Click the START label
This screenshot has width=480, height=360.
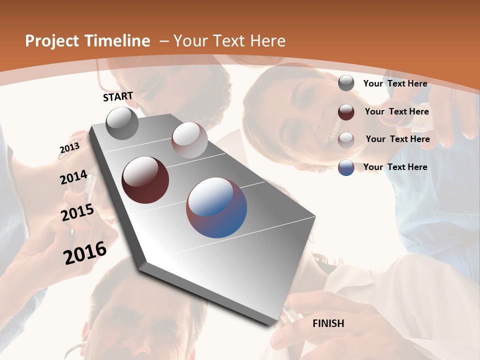(x=118, y=96)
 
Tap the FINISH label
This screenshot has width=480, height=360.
(x=328, y=323)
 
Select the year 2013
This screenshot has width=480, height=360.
(x=69, y=148)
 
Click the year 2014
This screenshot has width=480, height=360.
(x=74, y=177)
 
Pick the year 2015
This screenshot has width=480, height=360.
(x=77, y=212)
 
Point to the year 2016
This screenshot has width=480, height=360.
(x=85, y=252)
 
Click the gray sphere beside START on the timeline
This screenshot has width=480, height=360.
(x=122, y=123)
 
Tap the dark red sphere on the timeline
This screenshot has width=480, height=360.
(x=145, y=180)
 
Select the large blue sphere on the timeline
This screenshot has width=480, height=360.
(x=216, y=207)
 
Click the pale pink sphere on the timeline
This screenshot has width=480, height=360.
(x=189, y=140)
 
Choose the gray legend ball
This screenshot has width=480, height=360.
(x=346, y=83)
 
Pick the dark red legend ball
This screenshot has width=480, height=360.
(x=346, y=112)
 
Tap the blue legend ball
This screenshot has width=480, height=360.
(x=346, y=167)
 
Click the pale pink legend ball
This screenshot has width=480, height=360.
(x=346, y=140)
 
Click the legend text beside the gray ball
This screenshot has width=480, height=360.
(x=395, y=83)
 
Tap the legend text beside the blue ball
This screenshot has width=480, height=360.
(x=395, y=167)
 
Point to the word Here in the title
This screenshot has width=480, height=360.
(x=268, y=41)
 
